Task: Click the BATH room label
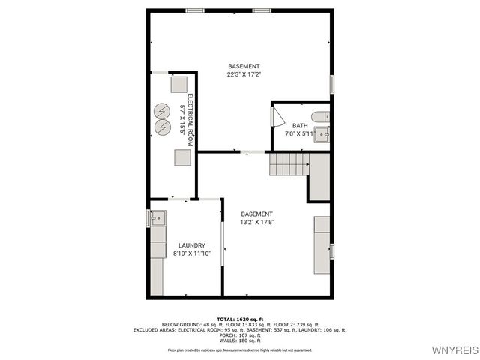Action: coord(300,126)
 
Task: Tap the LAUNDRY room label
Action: coord(191,245)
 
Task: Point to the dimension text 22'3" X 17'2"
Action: coord(244,74)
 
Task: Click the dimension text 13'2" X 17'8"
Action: coord(256,222)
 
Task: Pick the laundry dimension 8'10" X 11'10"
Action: coord(191,253)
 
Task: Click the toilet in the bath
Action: coord(320,116)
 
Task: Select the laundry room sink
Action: coord(157,218)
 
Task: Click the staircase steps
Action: coord(289,163)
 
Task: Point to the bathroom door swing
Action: coord(277,117)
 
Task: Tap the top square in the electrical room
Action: coord(178,83)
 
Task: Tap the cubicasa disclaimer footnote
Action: coord(241,349)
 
